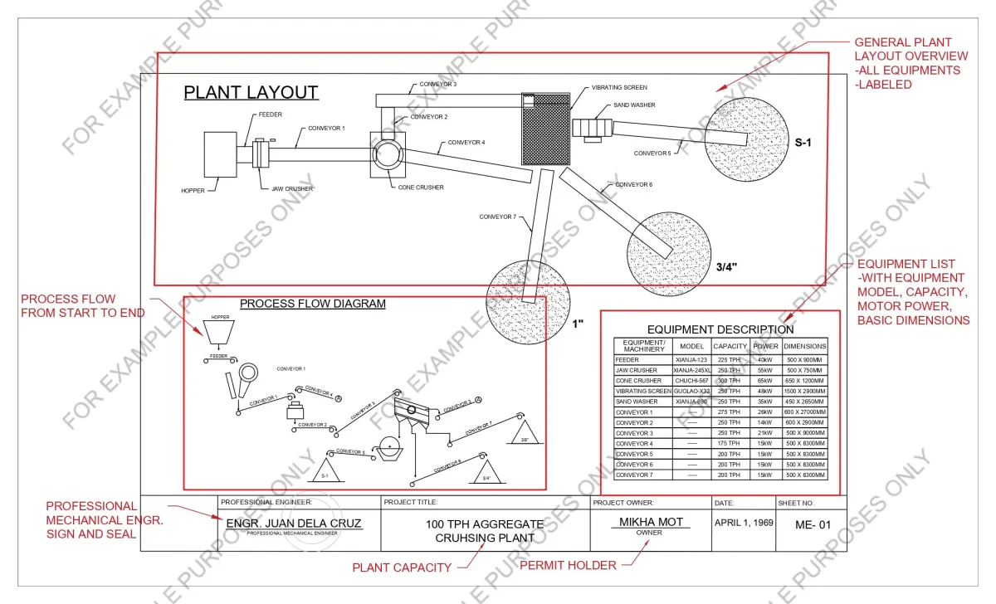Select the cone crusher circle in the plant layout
[x=386, y=155]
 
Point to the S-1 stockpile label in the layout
[x=803, y=143]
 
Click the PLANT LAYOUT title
[x=251, y=92]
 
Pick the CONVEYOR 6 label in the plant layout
[x=633, y=184]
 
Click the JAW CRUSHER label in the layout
[x=292, y=189]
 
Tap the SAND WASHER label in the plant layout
[x=634, y=105]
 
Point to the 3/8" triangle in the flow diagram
[x=525, y=434]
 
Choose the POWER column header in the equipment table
[x=765, y=346]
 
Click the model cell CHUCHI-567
[x=691, y=381]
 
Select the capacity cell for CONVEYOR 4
[x=729, y=444]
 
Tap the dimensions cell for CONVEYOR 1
[x=804, y=412]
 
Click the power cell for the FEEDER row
[x=765, y=360]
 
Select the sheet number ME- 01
[x=812, y=524]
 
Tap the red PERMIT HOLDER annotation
[x=567, y=566]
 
